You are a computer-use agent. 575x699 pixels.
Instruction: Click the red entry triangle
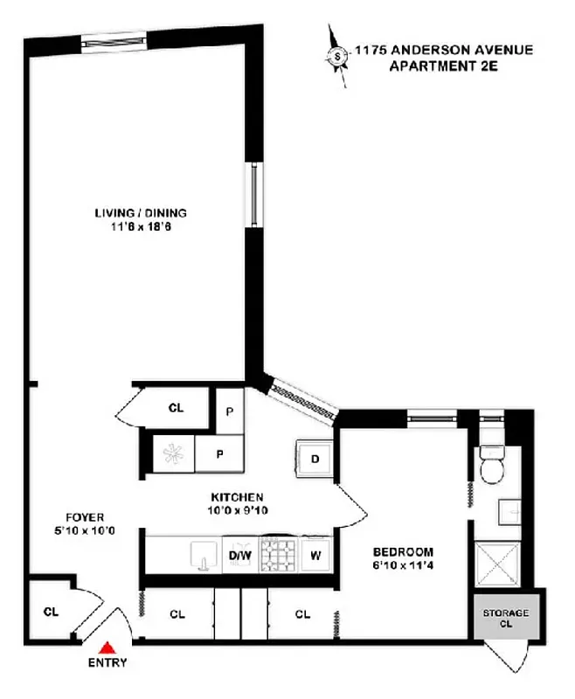point(107,647)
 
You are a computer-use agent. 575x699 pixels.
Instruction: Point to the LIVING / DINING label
point(141,212)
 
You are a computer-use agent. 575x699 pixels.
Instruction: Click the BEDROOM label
point(403,551)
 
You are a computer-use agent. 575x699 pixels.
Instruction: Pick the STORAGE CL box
point(506,619)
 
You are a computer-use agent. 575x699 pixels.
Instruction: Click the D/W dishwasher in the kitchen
point(239,554)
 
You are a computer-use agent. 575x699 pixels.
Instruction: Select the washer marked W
point(316,554)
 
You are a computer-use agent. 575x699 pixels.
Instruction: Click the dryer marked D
point(315,459)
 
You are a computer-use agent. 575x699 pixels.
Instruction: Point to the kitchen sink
point(203,553)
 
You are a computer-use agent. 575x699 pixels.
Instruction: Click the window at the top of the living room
point(115,40)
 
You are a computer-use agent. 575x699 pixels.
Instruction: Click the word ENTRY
point(107,663)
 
